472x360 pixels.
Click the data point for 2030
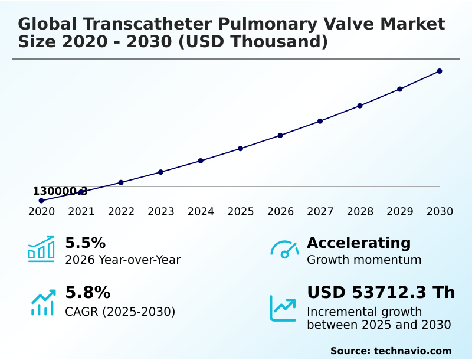click(x=440, y=71)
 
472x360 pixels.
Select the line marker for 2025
click(x=241, y=148)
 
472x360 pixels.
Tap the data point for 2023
click(x=160, y=172)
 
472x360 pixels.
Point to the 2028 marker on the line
click(x=360, y=106)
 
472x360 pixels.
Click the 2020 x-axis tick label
click(x=41, y=212)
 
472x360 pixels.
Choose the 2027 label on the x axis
click(x=320, y=212)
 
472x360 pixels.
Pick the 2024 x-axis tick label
click(x=201, y=212)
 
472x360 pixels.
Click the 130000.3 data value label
click(x=60, y=191)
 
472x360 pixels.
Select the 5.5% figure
click(x=85, y=243)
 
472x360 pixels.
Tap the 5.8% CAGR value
click(x=87, y=293)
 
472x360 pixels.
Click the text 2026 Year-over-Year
click(x=123, y=260)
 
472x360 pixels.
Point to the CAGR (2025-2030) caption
click(x=120, y=312)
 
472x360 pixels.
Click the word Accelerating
click(x=359, y=243)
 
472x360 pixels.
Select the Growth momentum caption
click(x=364, y=260)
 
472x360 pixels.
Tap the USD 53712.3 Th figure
click(x=381, y=293)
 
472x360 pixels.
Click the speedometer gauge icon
click(x=284, y=249)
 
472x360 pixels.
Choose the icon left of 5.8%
click(x=42, y=302)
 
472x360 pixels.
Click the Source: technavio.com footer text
click(x=391, y=351)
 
